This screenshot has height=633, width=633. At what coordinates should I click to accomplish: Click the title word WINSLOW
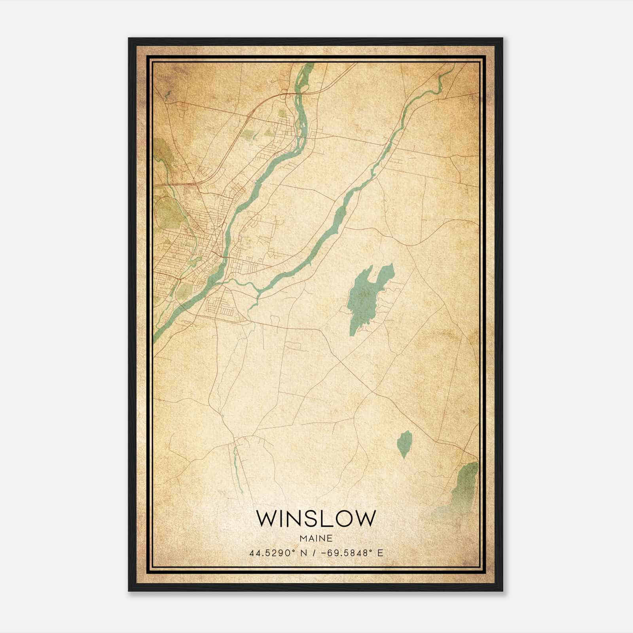pos(316,518)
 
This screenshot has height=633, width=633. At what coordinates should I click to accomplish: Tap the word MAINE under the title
pos(316,538)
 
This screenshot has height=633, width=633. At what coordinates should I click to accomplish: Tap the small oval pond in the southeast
pos(405,444)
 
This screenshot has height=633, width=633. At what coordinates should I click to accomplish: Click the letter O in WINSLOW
pos(343,518)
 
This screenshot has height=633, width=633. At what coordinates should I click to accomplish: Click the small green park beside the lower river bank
pos(183,292)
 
